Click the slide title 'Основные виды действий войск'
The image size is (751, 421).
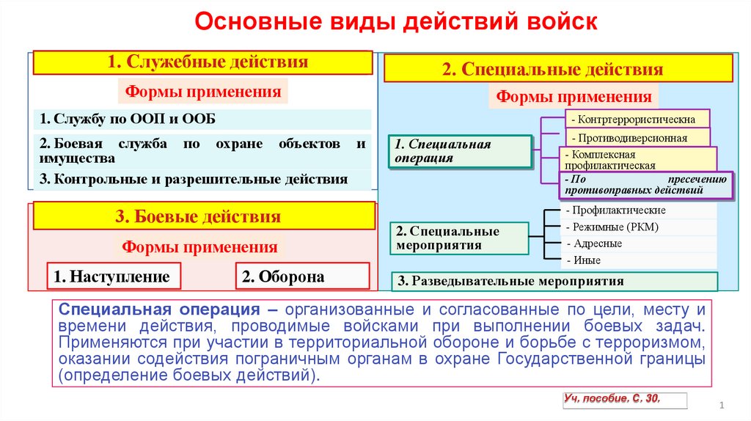click(396, 23)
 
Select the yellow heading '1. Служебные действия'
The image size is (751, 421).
click(202, 62)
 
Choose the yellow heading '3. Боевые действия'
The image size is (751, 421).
click(202, 216)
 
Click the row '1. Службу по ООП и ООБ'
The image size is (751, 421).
click(202, 119)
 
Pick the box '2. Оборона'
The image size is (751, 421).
click(302, 276)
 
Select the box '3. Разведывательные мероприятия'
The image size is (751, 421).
click(556, 281)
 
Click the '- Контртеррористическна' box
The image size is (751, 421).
click(637, 119)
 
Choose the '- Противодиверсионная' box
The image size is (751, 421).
click(637, 138)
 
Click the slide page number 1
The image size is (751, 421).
click(722, 406)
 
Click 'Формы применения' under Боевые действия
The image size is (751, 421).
click(199, 246)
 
